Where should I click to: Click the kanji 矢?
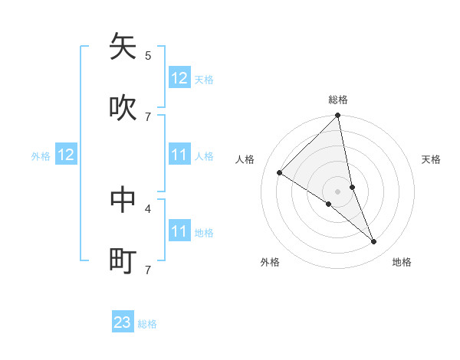123,47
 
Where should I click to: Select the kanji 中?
123,199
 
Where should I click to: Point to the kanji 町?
123,260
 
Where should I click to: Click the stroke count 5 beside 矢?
148,55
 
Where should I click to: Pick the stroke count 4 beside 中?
148,208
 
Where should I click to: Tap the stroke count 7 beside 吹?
148,116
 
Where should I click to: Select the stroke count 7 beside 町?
148,270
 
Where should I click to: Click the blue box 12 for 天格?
179,78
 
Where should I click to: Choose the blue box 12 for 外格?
66,155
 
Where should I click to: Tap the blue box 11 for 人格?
179,155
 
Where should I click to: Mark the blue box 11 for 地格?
179,231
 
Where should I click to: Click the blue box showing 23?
123,322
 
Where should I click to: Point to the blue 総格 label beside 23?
148,324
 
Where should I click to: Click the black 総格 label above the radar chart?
338,100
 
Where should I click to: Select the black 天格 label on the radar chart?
432,159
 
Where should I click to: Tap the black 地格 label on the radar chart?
402,262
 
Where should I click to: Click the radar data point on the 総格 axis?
338,116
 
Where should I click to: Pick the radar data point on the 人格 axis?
280,173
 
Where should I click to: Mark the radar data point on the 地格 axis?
374,241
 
